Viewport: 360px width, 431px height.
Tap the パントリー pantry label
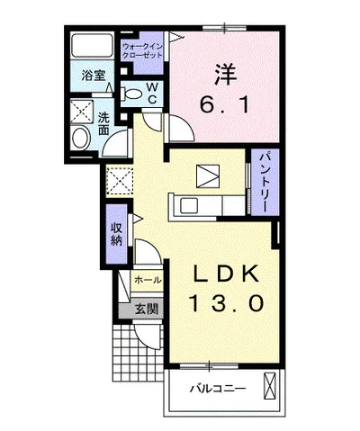click(263, 180)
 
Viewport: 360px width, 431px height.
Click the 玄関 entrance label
click(147, 310)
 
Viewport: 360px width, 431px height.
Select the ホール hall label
click(148, 281)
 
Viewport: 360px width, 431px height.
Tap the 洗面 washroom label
click(104, 123)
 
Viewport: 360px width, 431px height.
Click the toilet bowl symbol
click(132, 91)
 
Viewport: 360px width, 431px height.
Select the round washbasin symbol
click(81, 137)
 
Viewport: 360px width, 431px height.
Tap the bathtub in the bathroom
click(90, 47)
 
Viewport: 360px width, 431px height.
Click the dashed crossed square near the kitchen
click(118, 181)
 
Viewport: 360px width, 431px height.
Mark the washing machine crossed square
click(83, 111)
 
